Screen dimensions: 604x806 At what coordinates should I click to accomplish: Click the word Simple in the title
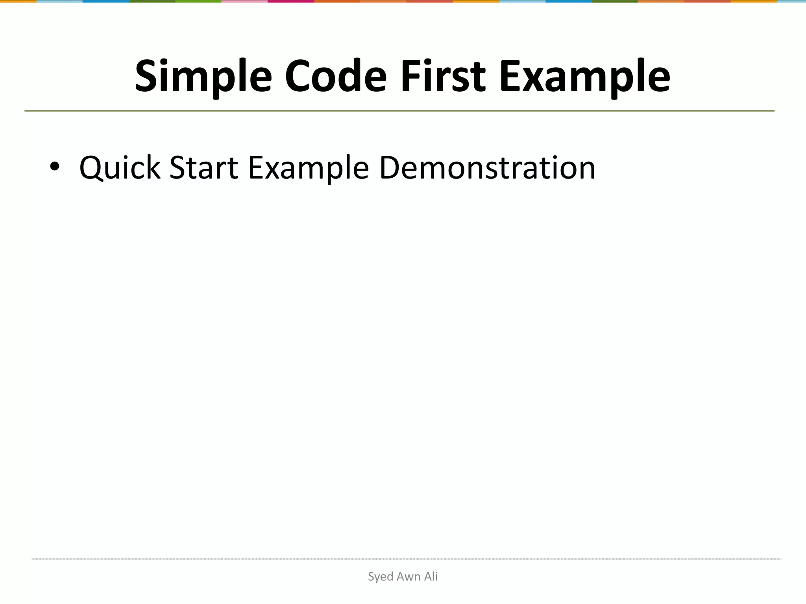[203, 76]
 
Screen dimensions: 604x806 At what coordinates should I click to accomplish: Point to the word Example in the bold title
[585, 76]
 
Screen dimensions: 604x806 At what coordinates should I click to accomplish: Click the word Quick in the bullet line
[120, 168]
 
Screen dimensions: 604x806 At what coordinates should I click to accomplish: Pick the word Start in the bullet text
[203, 168]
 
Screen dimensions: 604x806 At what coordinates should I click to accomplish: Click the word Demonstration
[487, 168]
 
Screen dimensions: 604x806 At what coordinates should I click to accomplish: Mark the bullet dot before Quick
[55, 167]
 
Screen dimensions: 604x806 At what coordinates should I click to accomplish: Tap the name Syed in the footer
[380, 577]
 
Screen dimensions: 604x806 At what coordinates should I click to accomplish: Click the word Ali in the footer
[431, 576]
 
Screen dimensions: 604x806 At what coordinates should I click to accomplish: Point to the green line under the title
[399, 111]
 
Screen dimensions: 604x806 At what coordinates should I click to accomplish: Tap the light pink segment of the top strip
[245, 1]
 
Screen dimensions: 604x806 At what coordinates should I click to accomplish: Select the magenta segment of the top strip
[291, 1]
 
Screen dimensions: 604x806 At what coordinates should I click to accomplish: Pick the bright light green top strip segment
[199, 1]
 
